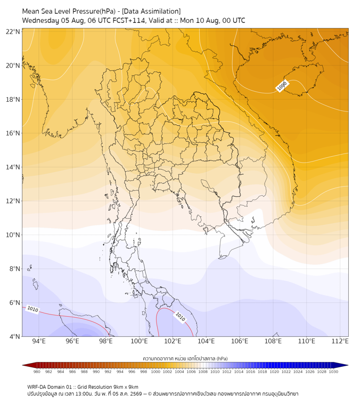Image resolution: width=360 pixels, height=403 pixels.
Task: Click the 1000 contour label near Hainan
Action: coord(282,86)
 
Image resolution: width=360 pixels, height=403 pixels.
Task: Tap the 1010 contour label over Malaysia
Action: coord(180,317)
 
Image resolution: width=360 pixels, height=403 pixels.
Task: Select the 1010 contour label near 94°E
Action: coord(32,309)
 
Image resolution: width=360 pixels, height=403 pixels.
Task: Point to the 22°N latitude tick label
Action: coord(13,31)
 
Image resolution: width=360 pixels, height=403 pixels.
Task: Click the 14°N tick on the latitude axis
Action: coord(13,167)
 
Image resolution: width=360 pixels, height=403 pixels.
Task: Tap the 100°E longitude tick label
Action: coord(139,341)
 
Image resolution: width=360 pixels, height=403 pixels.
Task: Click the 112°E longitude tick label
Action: coord(340,341)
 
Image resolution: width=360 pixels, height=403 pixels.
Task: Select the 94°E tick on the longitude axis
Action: coord(39,341)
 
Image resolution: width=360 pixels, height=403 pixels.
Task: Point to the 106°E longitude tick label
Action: coord(240,341)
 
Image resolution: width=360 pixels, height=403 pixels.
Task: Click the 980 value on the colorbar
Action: coord(37,372)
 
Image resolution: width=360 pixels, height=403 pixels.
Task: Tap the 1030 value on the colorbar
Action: coord(333,372)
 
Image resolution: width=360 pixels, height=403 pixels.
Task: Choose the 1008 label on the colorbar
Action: coord(203,372)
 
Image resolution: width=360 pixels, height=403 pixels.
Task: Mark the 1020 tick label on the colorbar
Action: coord(274,372)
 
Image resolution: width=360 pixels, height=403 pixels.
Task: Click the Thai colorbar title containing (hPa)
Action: coord(185,358)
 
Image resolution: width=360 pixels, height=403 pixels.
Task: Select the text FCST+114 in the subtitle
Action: coord(129,21)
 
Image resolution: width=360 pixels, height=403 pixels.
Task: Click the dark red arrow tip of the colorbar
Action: coord(23,365)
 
